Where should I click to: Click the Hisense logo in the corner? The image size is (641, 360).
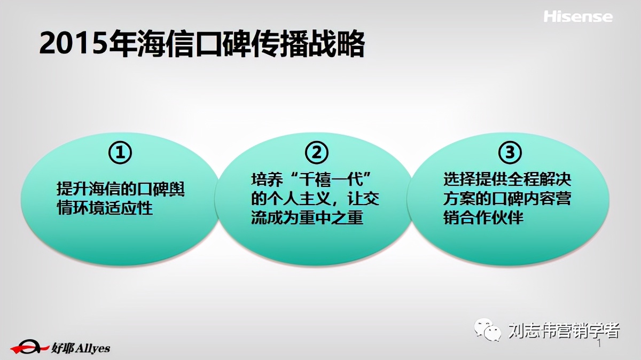[x=578, y=17]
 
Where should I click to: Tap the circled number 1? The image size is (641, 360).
[x=120, y=153]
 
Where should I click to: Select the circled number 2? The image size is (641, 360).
[x=316, y=153]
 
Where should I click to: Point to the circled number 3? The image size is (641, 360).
[x=510, y=153]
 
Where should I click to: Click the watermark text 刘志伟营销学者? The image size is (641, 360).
[x=563, y=331]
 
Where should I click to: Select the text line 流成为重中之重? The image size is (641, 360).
[x=307, y=218]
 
